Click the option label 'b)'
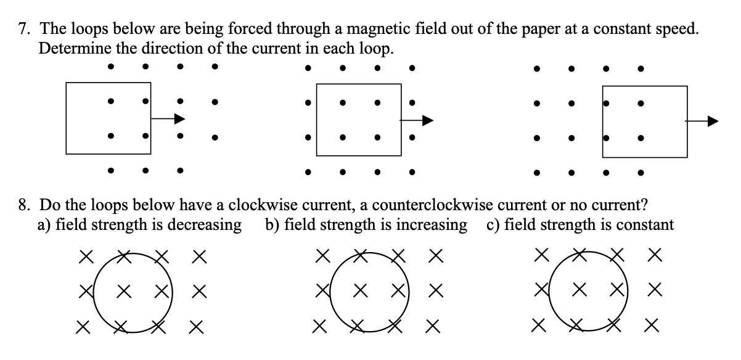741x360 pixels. pyautogui.click(x=272, y=224)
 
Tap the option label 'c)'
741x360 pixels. pyautogui.click(x=492, y=224)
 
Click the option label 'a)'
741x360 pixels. pyautogui.click(x=44, y=224)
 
